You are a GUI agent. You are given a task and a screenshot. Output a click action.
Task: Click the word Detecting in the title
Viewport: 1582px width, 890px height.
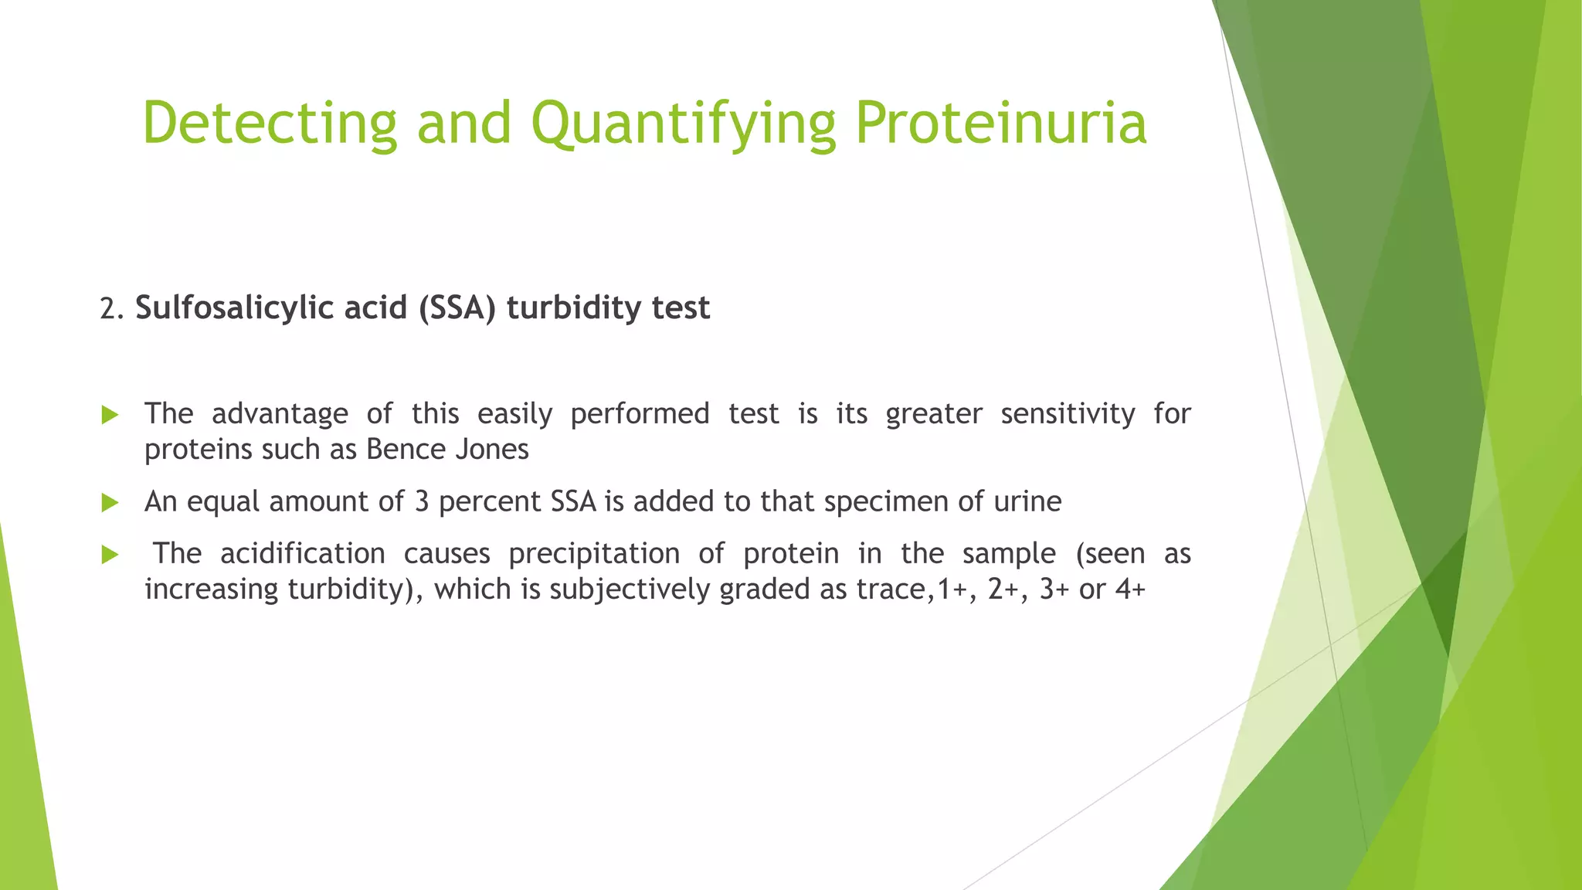[x=270, y=124]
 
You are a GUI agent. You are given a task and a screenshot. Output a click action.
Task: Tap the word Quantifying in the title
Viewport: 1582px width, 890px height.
[x=683, y=124]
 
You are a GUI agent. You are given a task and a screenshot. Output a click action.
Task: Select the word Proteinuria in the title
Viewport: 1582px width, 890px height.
[x=1001, y=124]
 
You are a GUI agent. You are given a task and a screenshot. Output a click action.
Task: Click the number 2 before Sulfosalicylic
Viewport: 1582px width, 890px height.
[x=107, y=309]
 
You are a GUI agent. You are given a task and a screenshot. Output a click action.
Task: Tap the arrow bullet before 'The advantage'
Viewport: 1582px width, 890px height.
[x=110, y=416]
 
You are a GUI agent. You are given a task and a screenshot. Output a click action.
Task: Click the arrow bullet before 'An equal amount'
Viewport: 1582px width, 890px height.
[x=110, y=504]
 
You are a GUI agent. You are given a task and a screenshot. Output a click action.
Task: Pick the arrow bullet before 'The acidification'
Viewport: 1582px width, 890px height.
[x=110, y=555]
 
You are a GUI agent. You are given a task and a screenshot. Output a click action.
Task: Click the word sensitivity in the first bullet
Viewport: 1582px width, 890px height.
[x=1068, y=414]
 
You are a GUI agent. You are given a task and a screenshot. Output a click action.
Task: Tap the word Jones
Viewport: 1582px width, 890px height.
[x=491, y=450]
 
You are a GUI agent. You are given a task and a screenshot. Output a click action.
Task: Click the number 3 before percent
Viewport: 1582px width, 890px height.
[x=422, y=502]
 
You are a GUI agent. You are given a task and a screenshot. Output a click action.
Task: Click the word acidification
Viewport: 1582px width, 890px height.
[x=302, y=554]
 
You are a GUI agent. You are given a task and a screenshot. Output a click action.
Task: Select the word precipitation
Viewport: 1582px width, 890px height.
[x=594, y=554]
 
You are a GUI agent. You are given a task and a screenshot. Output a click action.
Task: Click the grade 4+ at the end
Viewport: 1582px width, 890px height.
[x=1130, y=589]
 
